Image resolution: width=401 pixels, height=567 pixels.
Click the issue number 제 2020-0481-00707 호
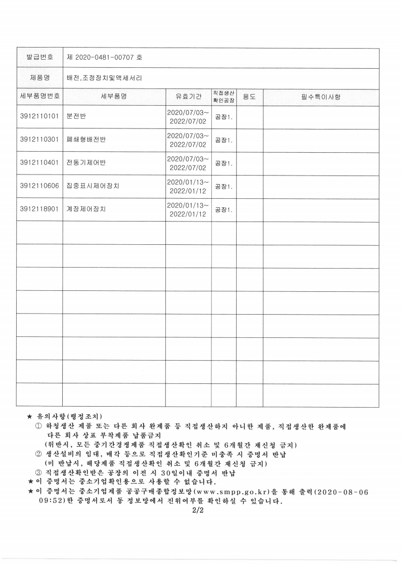coord(104,58)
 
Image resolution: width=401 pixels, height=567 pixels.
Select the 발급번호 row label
coord(39,58)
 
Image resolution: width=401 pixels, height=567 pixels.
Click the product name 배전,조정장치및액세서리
coord(104,78)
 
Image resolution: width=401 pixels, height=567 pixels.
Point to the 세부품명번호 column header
coord(39,96)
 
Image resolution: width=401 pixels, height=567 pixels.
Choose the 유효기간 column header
coord(188,96)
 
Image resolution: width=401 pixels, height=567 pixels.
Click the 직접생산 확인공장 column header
coord(224,96)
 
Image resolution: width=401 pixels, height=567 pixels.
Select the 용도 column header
coord(249,96)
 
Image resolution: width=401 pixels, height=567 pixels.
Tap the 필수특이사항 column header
coord(321,96)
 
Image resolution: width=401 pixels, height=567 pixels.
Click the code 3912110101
coord(39,117)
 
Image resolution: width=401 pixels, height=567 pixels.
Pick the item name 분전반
coord(76,117)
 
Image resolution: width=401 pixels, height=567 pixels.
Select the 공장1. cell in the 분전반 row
coord(224,117)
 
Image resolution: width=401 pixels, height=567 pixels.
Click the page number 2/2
coord(197,511)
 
